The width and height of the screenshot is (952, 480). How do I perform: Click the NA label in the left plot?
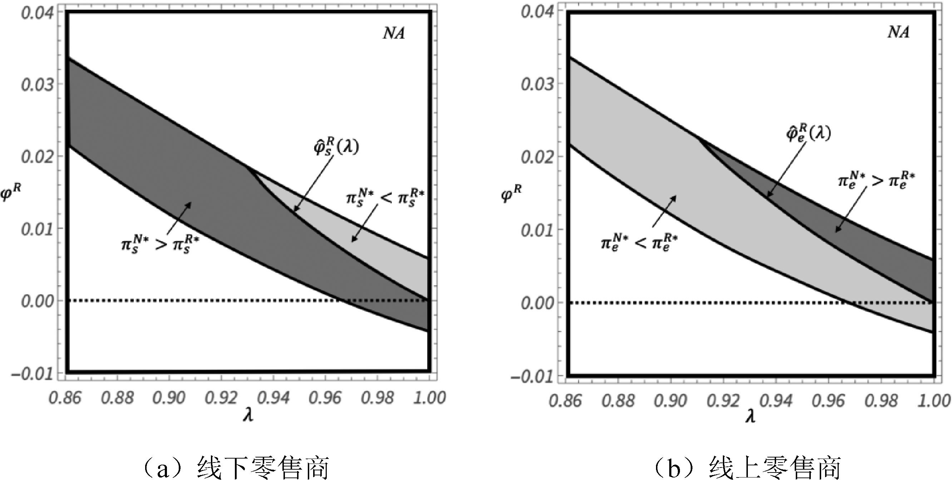394,34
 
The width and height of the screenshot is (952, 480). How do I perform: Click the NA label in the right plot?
898,33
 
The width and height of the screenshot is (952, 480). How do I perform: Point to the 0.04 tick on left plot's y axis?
37,13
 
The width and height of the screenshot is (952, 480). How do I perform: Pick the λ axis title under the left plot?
248,416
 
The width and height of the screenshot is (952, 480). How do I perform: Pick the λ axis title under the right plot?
750,417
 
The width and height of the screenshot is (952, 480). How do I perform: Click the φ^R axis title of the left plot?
11,192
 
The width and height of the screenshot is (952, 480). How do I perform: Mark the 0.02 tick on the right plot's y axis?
537,157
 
